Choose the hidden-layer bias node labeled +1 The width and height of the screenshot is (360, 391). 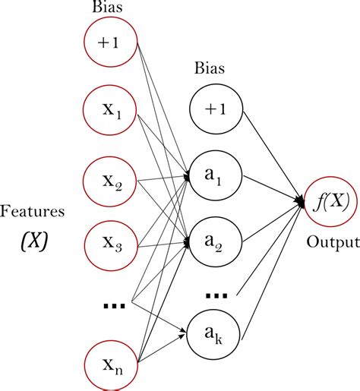coord(216,110)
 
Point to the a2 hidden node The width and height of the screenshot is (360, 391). coord(216,243)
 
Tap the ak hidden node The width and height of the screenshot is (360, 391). coord(216,330)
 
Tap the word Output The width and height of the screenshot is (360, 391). coord(333,243)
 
